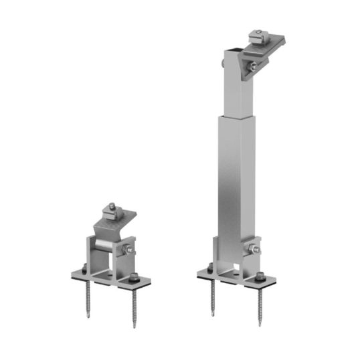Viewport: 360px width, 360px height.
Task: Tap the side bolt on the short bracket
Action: click(127, 252)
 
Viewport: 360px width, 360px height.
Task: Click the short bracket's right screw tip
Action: click(135, 326)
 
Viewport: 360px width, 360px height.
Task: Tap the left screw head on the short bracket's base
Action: click(85, 270)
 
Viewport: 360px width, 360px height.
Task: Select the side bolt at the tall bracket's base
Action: click(253, 250)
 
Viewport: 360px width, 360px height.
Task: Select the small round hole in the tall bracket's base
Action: click(242, 271)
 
